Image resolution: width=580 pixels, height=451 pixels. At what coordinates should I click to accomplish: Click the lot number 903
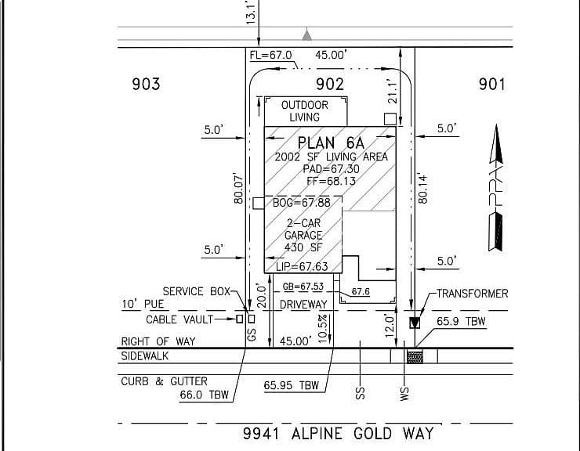pyautogui.click(x=146, y=84)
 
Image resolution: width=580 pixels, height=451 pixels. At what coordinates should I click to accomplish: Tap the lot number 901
pyautogui.click(x=491, y=85)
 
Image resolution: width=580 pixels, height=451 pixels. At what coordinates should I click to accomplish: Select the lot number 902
pyautogui.click(x=330, y=85)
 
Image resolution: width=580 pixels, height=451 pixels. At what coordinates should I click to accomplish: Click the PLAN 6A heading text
pyautogui.click(x=331, y=143)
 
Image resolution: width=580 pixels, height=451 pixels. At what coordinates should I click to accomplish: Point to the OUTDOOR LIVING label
pyautogui.click(x=305, y=111)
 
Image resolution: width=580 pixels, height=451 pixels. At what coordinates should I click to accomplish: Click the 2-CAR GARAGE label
pyautogui.click(x=303, y=229)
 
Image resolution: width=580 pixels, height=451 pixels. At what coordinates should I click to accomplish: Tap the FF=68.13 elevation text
pyautogui.click(x=331, y=181)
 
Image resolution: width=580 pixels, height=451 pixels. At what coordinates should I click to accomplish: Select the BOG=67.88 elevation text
pyautogui.click(x=302, y=203)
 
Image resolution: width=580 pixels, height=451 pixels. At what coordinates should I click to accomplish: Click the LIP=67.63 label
pyautogui.click(x=303, y=266)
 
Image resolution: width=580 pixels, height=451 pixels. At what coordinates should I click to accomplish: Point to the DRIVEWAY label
pyautogui.click(x=303, y=305)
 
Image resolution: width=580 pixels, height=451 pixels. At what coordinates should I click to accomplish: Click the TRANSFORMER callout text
pyautogui.click(x=473, y=294)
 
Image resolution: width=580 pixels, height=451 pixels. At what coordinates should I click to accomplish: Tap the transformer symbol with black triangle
pyautogui.click(x=415, y=323)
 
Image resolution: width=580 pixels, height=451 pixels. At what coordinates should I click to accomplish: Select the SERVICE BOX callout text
pyautogui.click(x=197, y=291)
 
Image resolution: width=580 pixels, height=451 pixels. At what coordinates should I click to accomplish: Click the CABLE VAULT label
pyautogui.click(x=179, y=319)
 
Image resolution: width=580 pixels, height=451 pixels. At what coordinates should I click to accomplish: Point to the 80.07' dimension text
pyautogui.click(x=238, y=188)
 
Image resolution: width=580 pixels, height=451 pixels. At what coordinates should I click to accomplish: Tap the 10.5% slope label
pyautogui.click(x=322, y=329)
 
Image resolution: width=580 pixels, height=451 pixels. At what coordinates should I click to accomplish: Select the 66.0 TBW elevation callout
pyautogui.click(x=205, y=395)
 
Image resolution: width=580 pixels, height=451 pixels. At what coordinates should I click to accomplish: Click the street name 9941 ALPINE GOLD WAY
pyautogui.click(x=338, y=433)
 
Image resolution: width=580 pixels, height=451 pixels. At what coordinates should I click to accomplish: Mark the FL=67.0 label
pyautogui.click(x=270, y=55)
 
